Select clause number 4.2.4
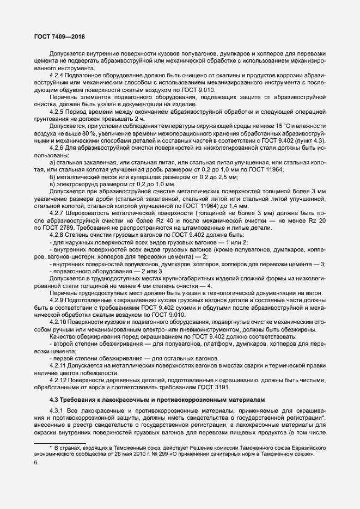click(58, 75)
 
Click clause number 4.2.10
click(59, 322)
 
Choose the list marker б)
click(52, 177)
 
